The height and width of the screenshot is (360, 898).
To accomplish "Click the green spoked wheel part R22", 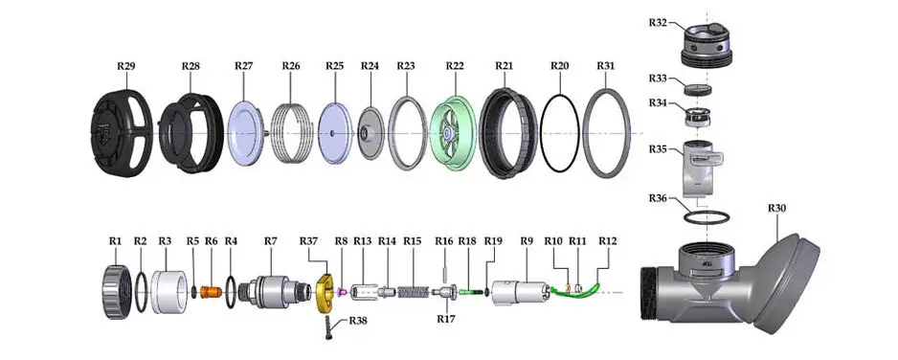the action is click(453, 133).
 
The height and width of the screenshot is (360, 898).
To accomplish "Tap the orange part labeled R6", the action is click(211, 291).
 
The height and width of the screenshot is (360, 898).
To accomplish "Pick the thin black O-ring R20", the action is click(559, 132).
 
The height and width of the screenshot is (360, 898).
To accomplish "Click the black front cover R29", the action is click(123, 133).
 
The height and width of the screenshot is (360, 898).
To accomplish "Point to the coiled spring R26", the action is click(291, 133).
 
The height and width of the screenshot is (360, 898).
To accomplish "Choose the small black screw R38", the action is click(329, 328).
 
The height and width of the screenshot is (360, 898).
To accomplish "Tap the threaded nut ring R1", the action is click(118, 292).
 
